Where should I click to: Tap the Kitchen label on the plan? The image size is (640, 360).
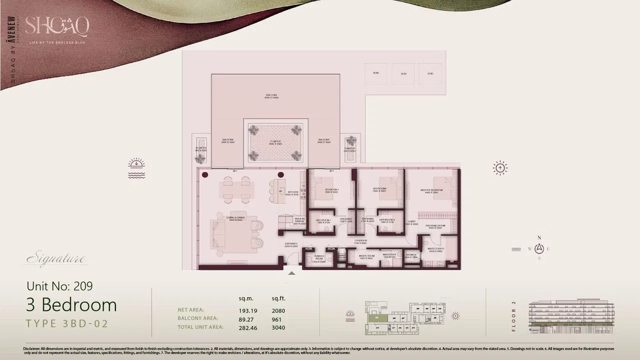tap(292, 192)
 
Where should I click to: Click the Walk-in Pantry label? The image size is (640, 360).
tap(299, 222)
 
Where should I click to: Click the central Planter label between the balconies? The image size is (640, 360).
tap(275, 142)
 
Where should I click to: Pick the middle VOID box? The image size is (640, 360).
tap(403, 73)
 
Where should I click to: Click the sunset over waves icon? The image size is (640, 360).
tap(136, 168)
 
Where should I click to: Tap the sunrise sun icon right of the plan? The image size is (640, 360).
tap(500, 168)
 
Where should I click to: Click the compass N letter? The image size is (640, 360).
tap(539, 238)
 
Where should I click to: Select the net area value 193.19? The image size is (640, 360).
tap(247, 310)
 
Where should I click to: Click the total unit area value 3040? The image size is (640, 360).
tap(278, 328)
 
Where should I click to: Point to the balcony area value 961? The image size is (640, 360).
tap(276, 319)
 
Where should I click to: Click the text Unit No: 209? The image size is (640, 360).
tap(59, 286)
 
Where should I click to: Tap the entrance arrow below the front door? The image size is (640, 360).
tap(291, 273)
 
